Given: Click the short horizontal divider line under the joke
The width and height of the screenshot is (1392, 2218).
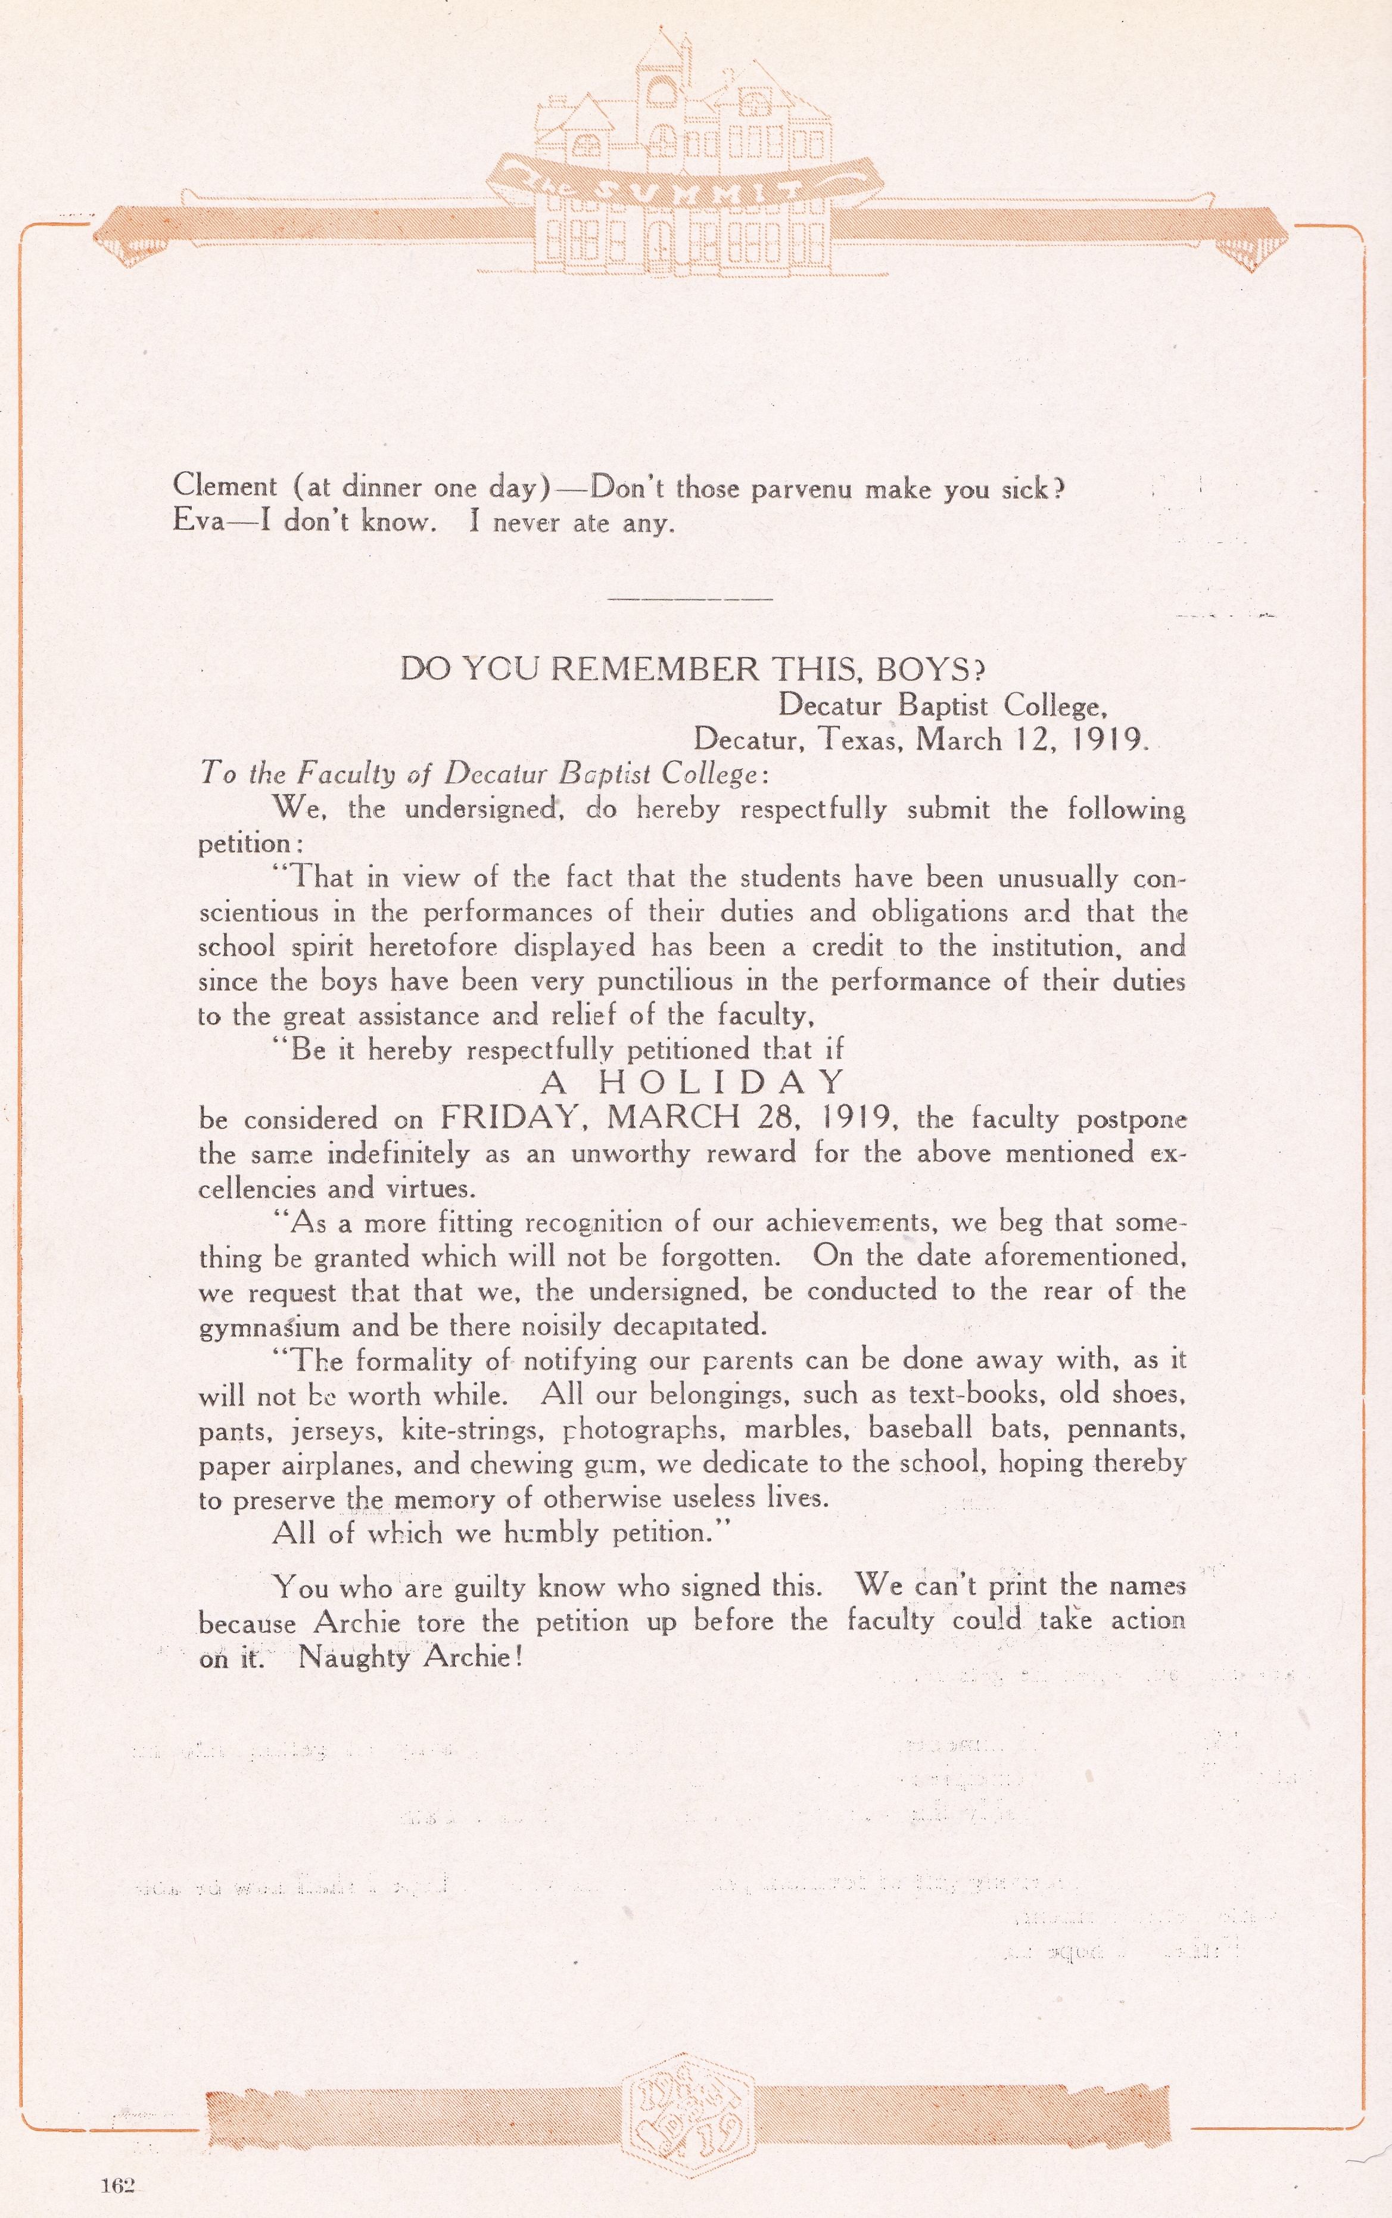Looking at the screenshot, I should pyautogui.click(x=690, y=599).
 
